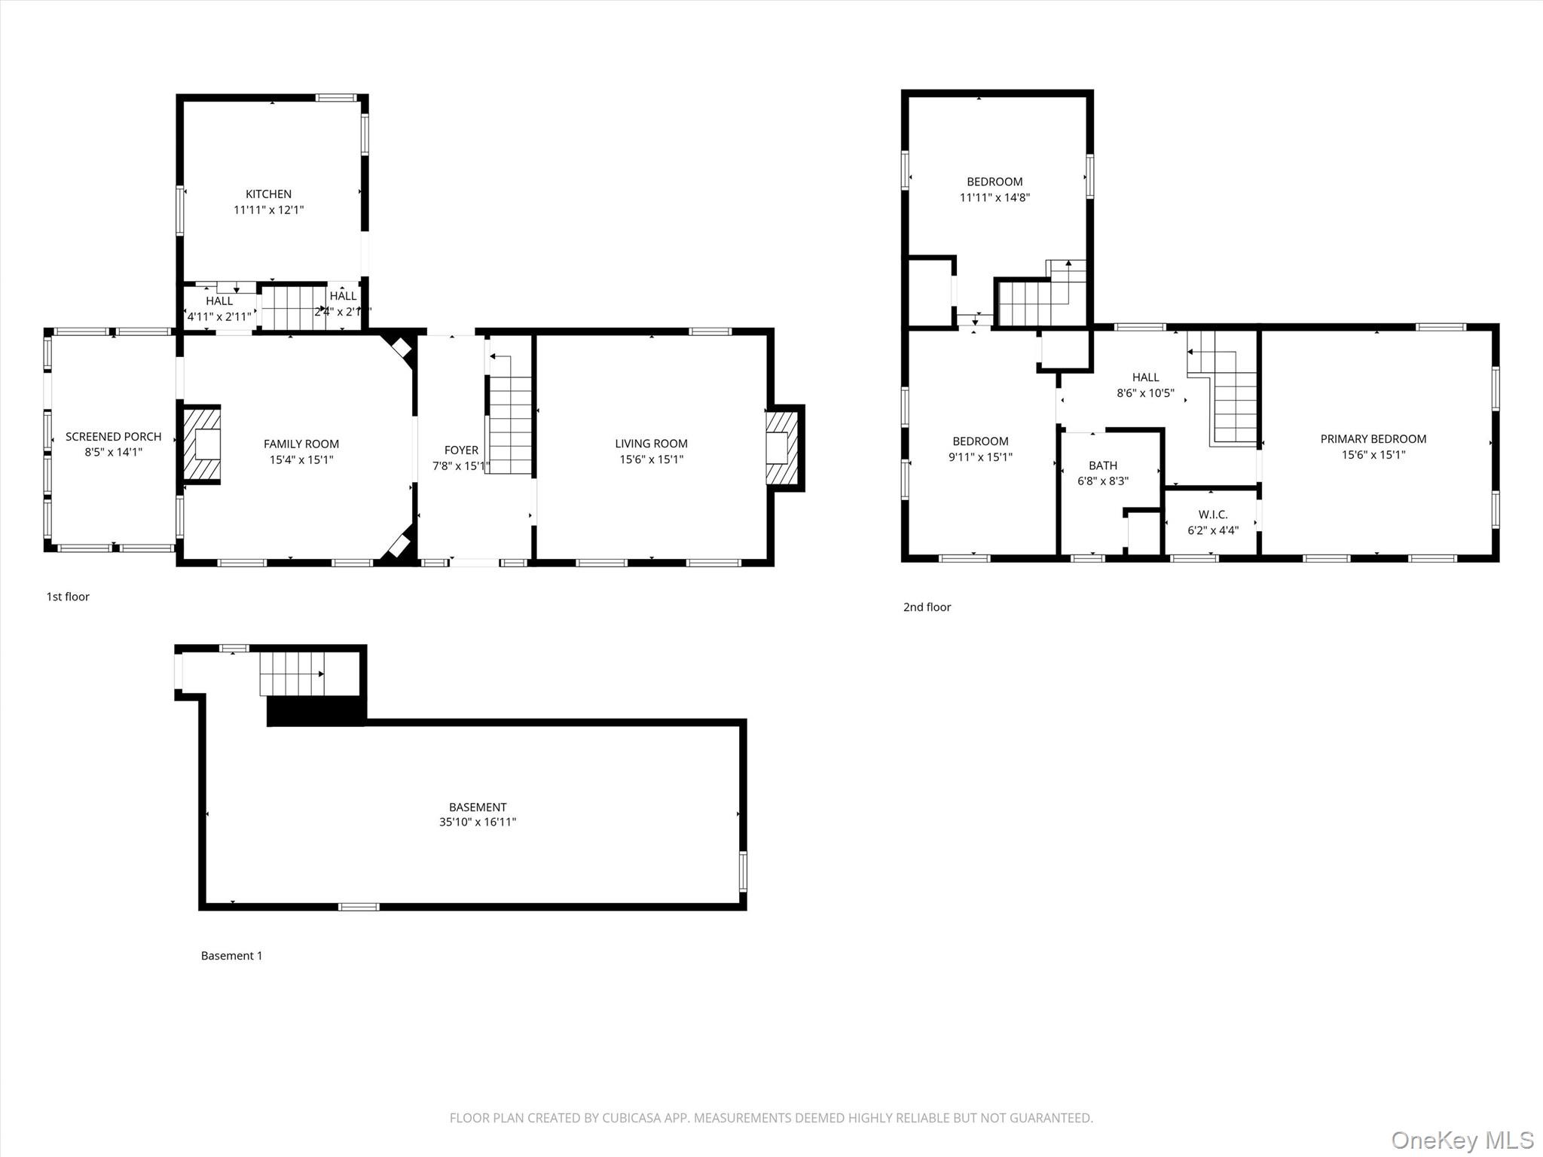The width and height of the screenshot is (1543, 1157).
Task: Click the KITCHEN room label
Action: pos(268,194)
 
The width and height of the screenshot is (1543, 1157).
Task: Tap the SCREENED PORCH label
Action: pos(113,437)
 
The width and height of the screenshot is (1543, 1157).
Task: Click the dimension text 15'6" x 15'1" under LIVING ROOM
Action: pos(651,459)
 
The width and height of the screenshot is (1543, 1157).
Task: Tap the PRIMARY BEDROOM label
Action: pos(1373,439)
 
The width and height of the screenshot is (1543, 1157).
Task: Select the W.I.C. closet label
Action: pos(1212,514)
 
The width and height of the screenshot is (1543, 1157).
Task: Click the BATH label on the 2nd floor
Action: pos(1102,466)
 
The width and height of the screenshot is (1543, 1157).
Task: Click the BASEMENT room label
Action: pos(478,807)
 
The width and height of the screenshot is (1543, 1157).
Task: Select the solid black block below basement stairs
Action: pos(316,710)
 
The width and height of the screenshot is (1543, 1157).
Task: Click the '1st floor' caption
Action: pos(68,597)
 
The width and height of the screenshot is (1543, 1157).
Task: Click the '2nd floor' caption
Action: pos(927,607)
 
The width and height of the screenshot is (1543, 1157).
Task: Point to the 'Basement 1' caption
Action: pos(231,956)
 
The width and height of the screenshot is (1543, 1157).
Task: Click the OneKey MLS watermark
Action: pos(1462,1140)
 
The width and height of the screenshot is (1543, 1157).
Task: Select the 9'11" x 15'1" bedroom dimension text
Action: pos(979,457)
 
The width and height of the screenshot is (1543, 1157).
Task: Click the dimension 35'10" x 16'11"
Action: pos(478,823)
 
